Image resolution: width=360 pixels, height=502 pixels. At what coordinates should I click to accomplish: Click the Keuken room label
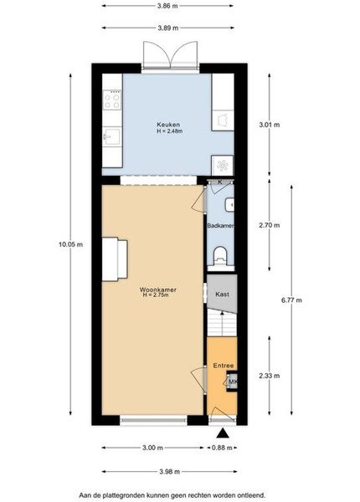coord(168,125)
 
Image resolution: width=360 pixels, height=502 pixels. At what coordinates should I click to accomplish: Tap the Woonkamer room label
coord(157,289)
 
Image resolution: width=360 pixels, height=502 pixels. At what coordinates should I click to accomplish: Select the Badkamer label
coord(220,225)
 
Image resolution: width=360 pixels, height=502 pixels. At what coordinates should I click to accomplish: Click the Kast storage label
coord(222,294)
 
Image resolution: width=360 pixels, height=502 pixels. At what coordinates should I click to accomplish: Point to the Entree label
coord(224,366)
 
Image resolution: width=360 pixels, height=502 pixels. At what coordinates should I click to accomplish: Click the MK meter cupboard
coord(232,382)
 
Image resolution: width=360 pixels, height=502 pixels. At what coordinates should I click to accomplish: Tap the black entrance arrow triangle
coord(223,433)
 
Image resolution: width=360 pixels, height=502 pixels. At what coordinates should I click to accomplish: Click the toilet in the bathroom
coord(220,256)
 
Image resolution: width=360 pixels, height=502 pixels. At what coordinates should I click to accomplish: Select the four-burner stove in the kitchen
coord(112,100)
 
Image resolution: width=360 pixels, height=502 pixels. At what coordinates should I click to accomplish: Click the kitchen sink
coord(112,137)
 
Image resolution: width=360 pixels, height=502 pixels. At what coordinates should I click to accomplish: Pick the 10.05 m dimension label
coord(71,244)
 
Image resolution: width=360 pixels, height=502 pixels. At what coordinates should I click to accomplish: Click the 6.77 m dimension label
coord(291,300)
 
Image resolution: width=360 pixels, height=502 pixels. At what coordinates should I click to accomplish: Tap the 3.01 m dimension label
coord(269,124)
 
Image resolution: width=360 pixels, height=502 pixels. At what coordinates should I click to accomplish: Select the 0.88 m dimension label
coord(222,448)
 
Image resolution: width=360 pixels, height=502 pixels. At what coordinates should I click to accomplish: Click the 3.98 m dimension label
coord(169,471)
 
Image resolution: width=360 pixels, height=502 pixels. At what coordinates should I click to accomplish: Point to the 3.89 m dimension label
coord(168,28)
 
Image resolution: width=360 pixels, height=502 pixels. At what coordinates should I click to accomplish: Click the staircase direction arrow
coord(222,324)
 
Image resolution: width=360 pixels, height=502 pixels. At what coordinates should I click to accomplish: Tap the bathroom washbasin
coord(229,205)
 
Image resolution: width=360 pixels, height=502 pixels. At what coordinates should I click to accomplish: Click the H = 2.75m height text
coord(156,295)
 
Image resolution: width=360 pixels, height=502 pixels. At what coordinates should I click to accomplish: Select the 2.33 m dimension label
coord(269,375)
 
